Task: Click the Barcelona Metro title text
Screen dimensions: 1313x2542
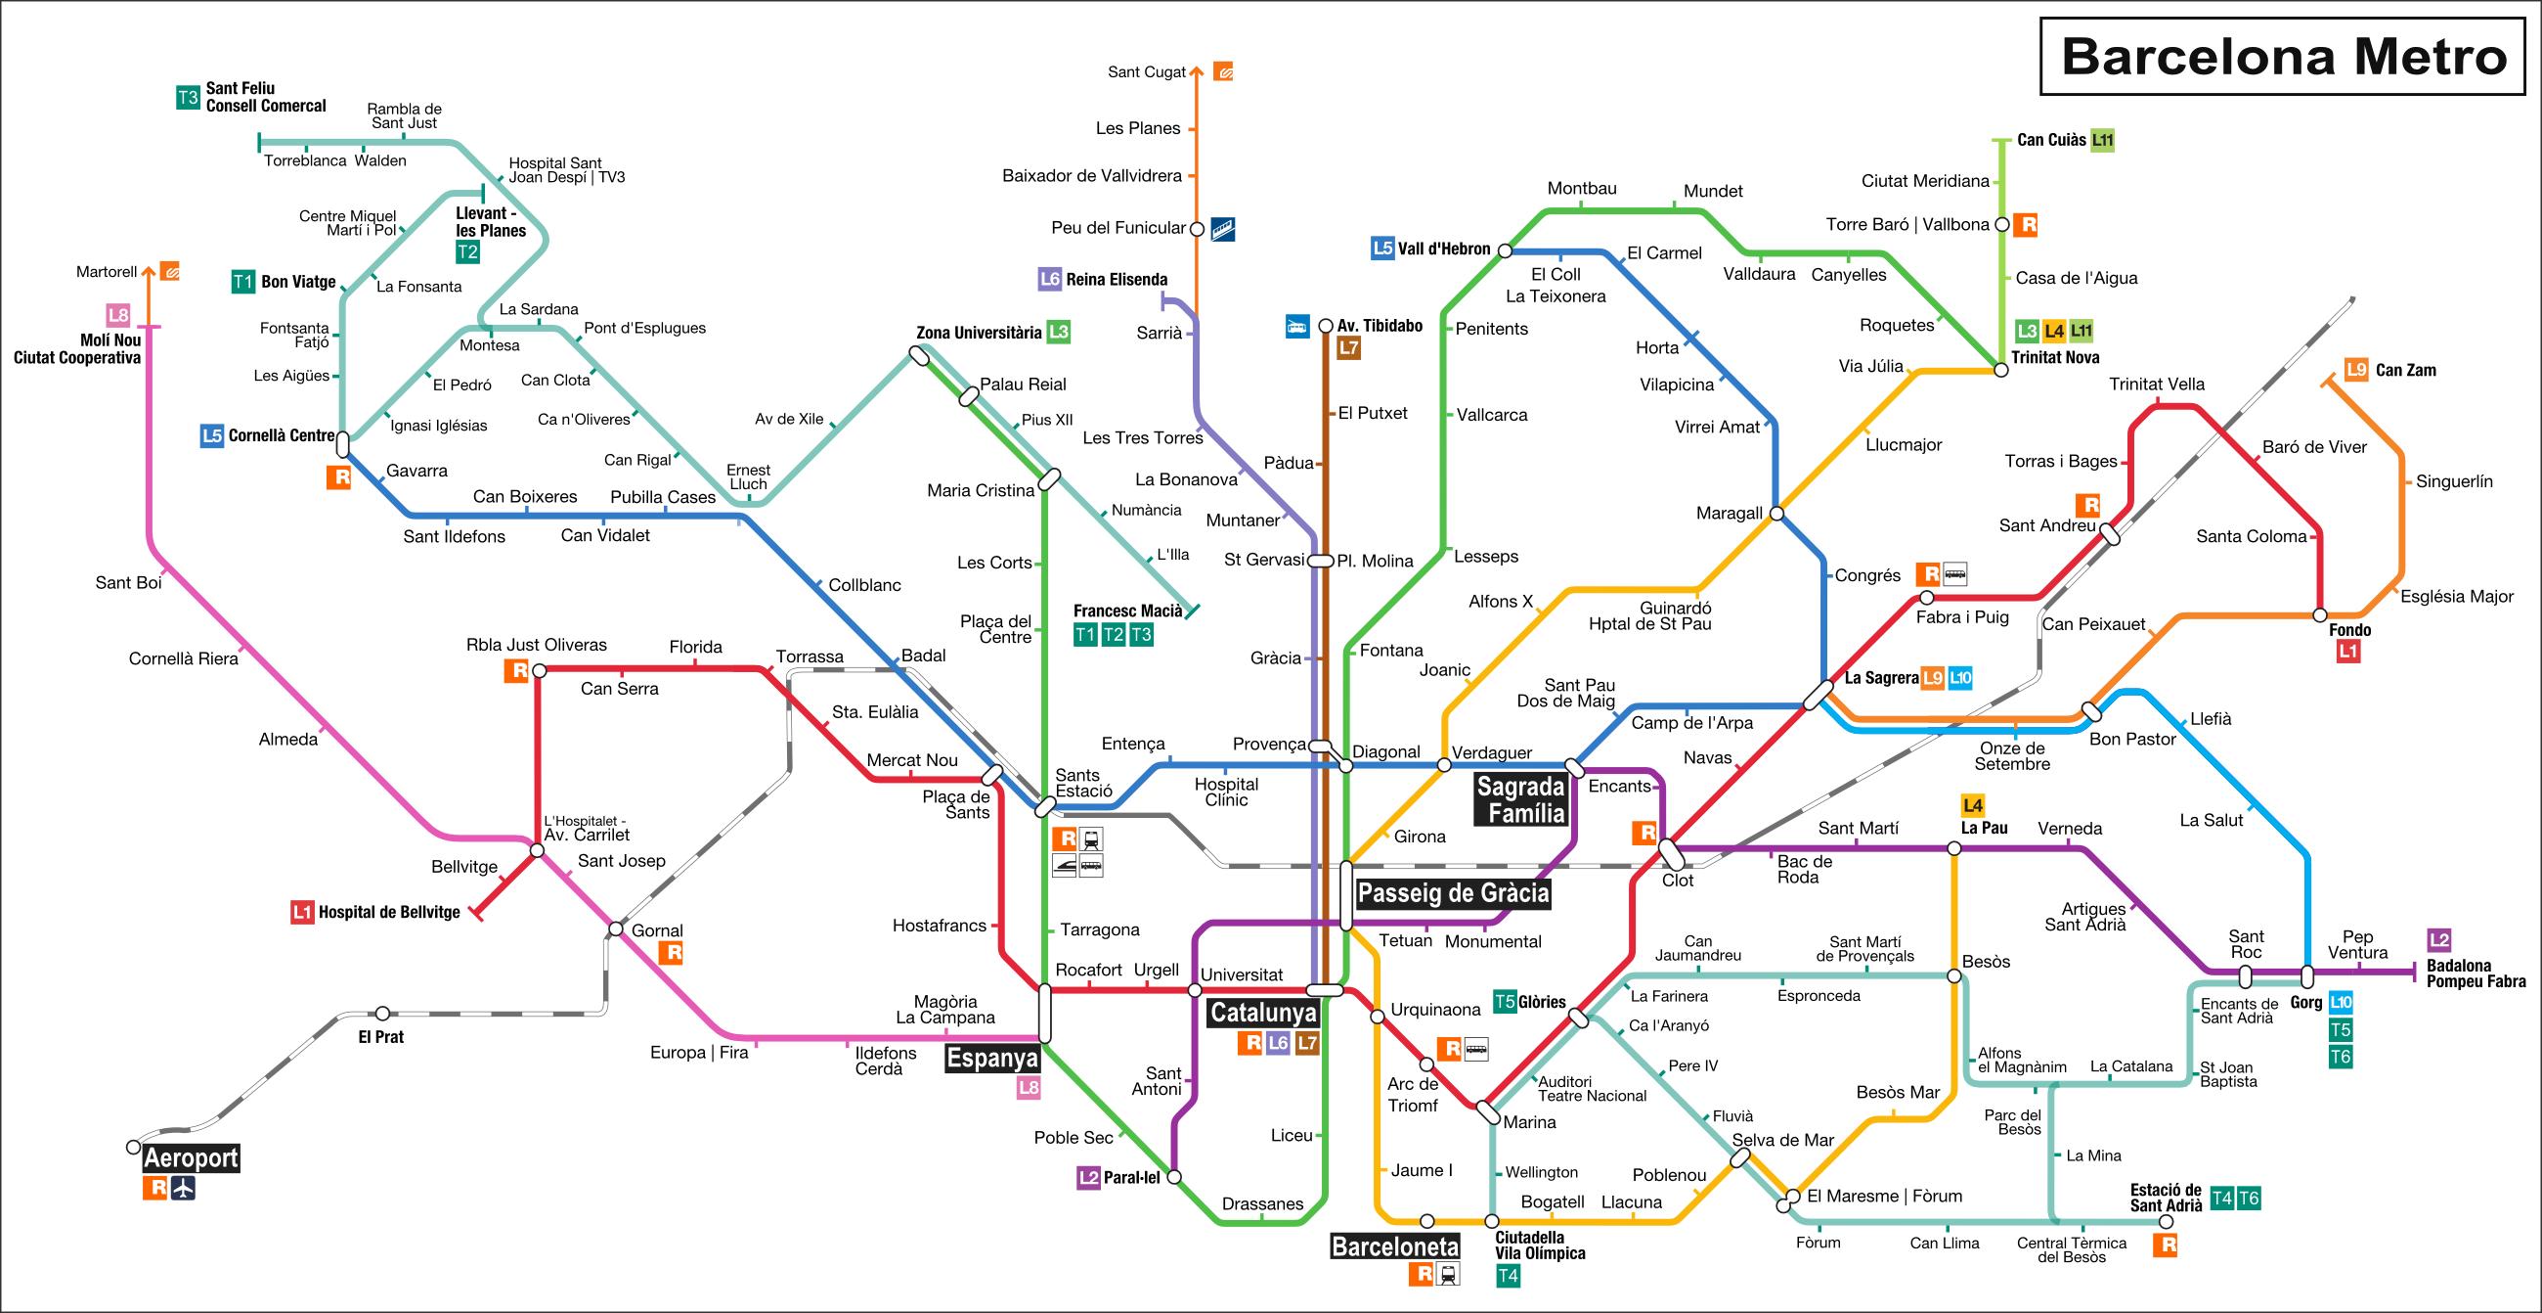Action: point(2284,57)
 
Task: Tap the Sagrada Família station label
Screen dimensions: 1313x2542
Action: point(1520,799)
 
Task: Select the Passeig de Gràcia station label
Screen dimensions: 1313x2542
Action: point(1454,893)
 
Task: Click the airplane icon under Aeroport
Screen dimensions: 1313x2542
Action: point(183,1189)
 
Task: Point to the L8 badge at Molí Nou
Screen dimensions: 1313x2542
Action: point(118,316)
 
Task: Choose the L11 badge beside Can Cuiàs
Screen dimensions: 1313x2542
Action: point(2103,140)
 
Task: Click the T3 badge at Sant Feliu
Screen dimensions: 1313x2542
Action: point(188,98)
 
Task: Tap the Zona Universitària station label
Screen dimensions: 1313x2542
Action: point(978,333)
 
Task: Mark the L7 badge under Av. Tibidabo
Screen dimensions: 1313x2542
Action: point(1348,347)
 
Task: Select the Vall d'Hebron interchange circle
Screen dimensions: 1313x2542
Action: point(1505,250)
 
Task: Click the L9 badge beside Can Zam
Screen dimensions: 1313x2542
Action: point(2356,370)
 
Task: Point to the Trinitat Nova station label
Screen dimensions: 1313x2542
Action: point(2055,357)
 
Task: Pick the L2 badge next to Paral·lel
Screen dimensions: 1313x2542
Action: point(1088,1177)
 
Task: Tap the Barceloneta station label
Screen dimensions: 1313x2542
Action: point(1394,1246)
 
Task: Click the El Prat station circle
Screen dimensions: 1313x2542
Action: point(382,1014)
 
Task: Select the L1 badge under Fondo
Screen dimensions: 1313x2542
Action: point(2348,652)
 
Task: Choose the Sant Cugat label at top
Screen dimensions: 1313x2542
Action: point(1147,72)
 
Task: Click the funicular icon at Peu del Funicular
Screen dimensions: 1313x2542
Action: point(1223,229)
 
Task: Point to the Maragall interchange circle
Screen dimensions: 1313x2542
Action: point(1776,514)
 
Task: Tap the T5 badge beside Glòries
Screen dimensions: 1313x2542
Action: point(1504,1002)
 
